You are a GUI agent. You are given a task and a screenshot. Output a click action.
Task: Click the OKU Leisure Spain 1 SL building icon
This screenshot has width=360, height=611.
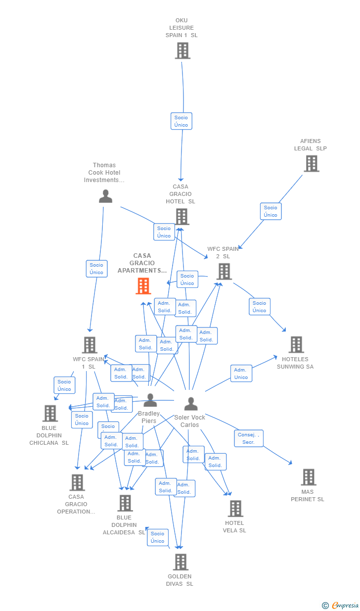click(x=182, y=50)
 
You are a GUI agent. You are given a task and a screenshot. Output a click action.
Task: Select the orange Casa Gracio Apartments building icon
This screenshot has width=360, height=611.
click(x=143, y=286)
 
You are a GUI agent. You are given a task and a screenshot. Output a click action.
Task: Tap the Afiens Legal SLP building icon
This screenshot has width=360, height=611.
click(x=311, y=163)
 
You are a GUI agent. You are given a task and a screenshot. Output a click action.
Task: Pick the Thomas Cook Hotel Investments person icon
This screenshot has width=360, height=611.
click(x=105, y=196)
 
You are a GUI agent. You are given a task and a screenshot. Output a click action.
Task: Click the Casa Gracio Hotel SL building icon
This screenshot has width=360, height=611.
click(x=182, y=216)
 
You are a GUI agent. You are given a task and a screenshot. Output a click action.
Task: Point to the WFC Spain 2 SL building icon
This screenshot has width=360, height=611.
click(x=224, y=271)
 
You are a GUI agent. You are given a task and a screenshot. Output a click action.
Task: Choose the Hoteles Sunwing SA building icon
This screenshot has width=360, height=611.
click(x=296, y=344)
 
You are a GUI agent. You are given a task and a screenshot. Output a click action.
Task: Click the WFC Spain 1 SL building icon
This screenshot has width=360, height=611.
click(x=90, y=345)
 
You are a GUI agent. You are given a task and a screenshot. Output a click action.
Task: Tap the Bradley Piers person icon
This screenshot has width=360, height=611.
click(x=150, y=400)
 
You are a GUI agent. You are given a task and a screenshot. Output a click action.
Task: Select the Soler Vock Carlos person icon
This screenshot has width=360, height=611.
click(x=191, y=404)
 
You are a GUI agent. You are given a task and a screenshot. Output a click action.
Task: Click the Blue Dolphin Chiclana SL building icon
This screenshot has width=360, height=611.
click(x=50, y=413)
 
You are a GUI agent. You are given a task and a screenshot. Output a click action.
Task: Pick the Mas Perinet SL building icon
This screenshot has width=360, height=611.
click(x=309, y=477)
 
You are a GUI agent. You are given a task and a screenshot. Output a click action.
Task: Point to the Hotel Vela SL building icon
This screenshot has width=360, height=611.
click(x=235, y=508)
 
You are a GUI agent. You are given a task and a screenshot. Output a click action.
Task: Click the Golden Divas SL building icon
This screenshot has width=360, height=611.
click(x=180, y=562)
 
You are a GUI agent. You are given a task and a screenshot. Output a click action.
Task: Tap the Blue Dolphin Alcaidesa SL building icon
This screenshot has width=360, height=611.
click(x=125, y=503)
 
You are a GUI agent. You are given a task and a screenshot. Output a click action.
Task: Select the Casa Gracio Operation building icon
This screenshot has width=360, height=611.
click(x=77, y=482)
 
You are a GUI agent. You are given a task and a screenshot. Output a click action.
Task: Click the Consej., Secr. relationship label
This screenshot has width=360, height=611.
click(x=249, y=438)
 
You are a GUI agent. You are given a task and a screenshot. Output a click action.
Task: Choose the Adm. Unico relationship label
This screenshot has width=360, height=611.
click(x=241, y=374)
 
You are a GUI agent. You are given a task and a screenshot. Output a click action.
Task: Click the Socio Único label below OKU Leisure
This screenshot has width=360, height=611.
click(x=181, y=121)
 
